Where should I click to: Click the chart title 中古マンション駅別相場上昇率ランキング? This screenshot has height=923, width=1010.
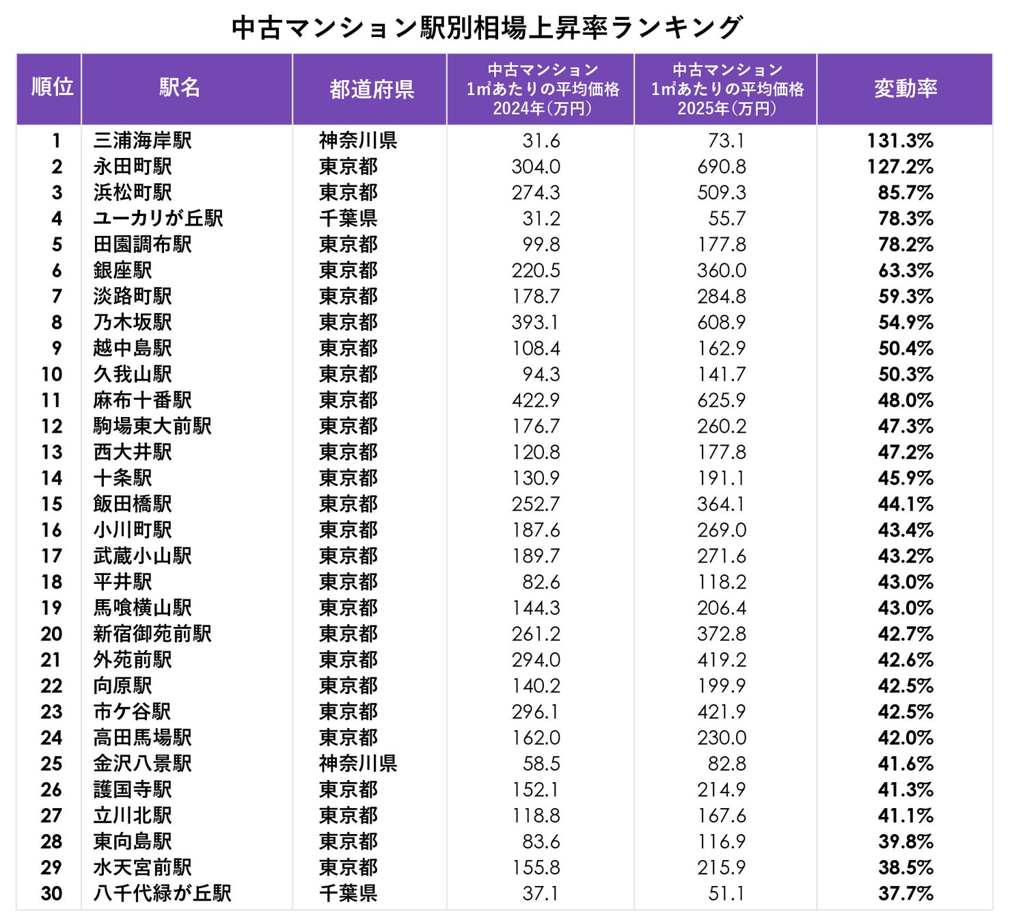point(487,28)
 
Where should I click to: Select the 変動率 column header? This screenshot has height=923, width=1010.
point(905,89)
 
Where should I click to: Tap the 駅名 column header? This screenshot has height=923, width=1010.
point(180,88)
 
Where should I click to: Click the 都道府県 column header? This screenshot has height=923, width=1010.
point(372,89)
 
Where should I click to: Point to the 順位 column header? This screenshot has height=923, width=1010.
point(53,87)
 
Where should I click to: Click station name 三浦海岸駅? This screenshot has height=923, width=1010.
point(143,141)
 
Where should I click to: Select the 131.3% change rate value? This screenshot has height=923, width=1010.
point(900,141)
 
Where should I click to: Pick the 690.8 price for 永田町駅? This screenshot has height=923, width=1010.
point(722,167)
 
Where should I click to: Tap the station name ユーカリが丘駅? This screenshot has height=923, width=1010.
point(158,219)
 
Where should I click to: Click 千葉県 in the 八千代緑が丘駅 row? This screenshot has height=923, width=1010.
point(348,894)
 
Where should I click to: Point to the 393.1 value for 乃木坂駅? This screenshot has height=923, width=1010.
point(535,323)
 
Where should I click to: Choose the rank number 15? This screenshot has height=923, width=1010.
point(52,505)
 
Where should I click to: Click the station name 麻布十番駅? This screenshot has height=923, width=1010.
point(143,401)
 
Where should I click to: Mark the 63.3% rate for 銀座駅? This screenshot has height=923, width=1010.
point(905,271)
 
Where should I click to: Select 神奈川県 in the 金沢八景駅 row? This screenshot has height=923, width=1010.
point(358,764)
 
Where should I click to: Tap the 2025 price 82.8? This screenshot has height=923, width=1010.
point(727,764)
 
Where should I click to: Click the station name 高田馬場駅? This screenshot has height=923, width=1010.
point(143,738)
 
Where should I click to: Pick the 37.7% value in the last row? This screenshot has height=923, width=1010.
point(905,894)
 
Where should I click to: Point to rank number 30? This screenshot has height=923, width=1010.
point(52,894)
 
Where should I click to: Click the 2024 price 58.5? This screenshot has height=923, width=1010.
point(541,764)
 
